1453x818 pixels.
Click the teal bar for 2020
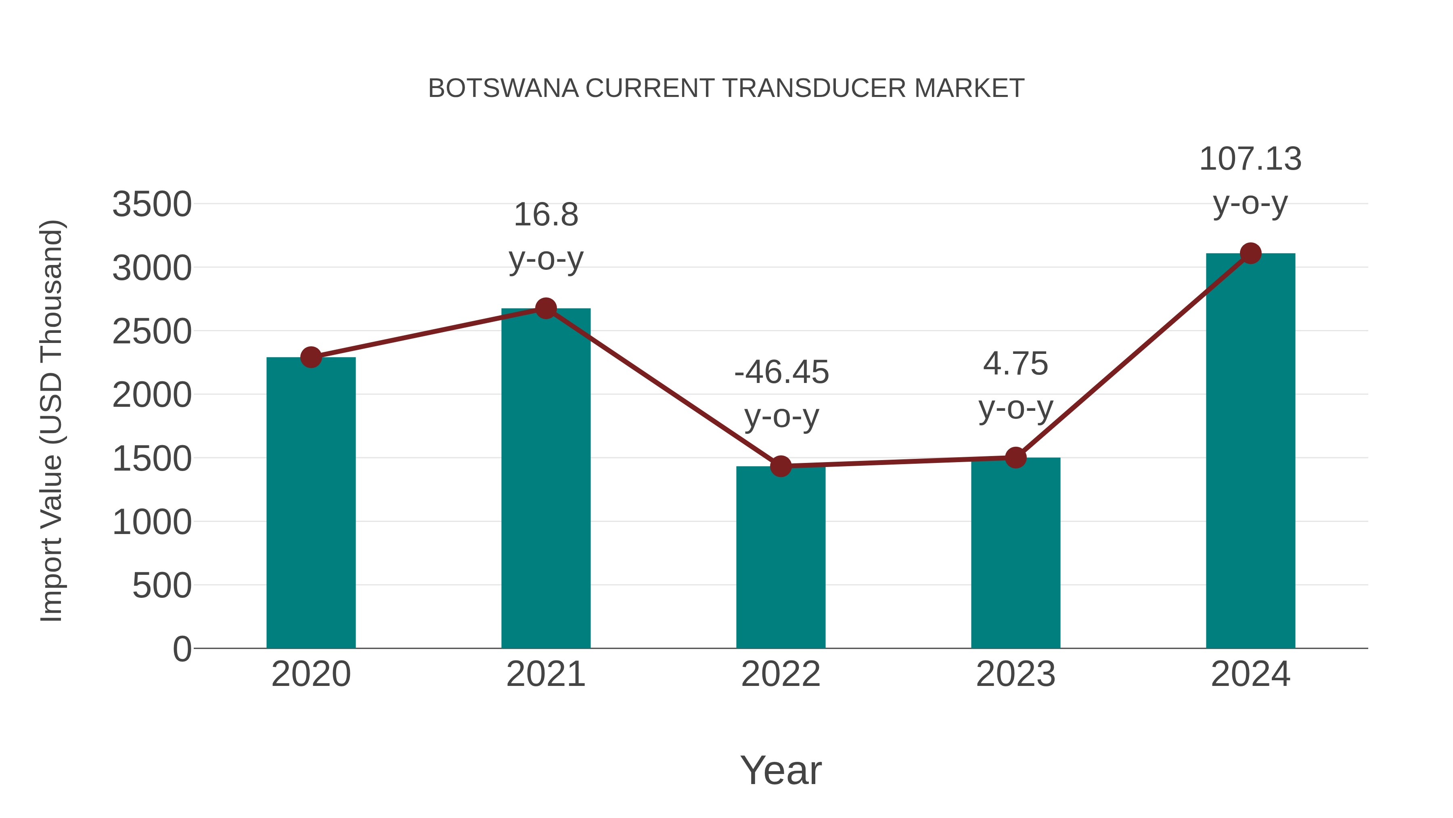[x=311, y=503]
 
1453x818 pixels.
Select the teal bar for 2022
[x=781, y=557]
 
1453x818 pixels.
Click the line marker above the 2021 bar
[x=545, y=308]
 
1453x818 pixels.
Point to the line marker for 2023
[x=1015, y=458]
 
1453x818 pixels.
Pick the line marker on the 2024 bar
[x=1250, y=253]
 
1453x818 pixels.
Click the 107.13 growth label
[x=1250, y=159]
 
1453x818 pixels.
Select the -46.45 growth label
[x=781, y=372]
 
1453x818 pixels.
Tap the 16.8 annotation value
[x=545, y=215]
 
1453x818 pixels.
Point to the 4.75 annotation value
[x=1015, y=364]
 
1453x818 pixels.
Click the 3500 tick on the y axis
[x=152, y=204]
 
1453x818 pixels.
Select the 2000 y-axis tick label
[x=152, y=395]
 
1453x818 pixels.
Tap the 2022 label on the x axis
[x=781, y=674]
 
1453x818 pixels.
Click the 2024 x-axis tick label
[x=1250, y=674]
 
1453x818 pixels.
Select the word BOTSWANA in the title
[x=503, y=88]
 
